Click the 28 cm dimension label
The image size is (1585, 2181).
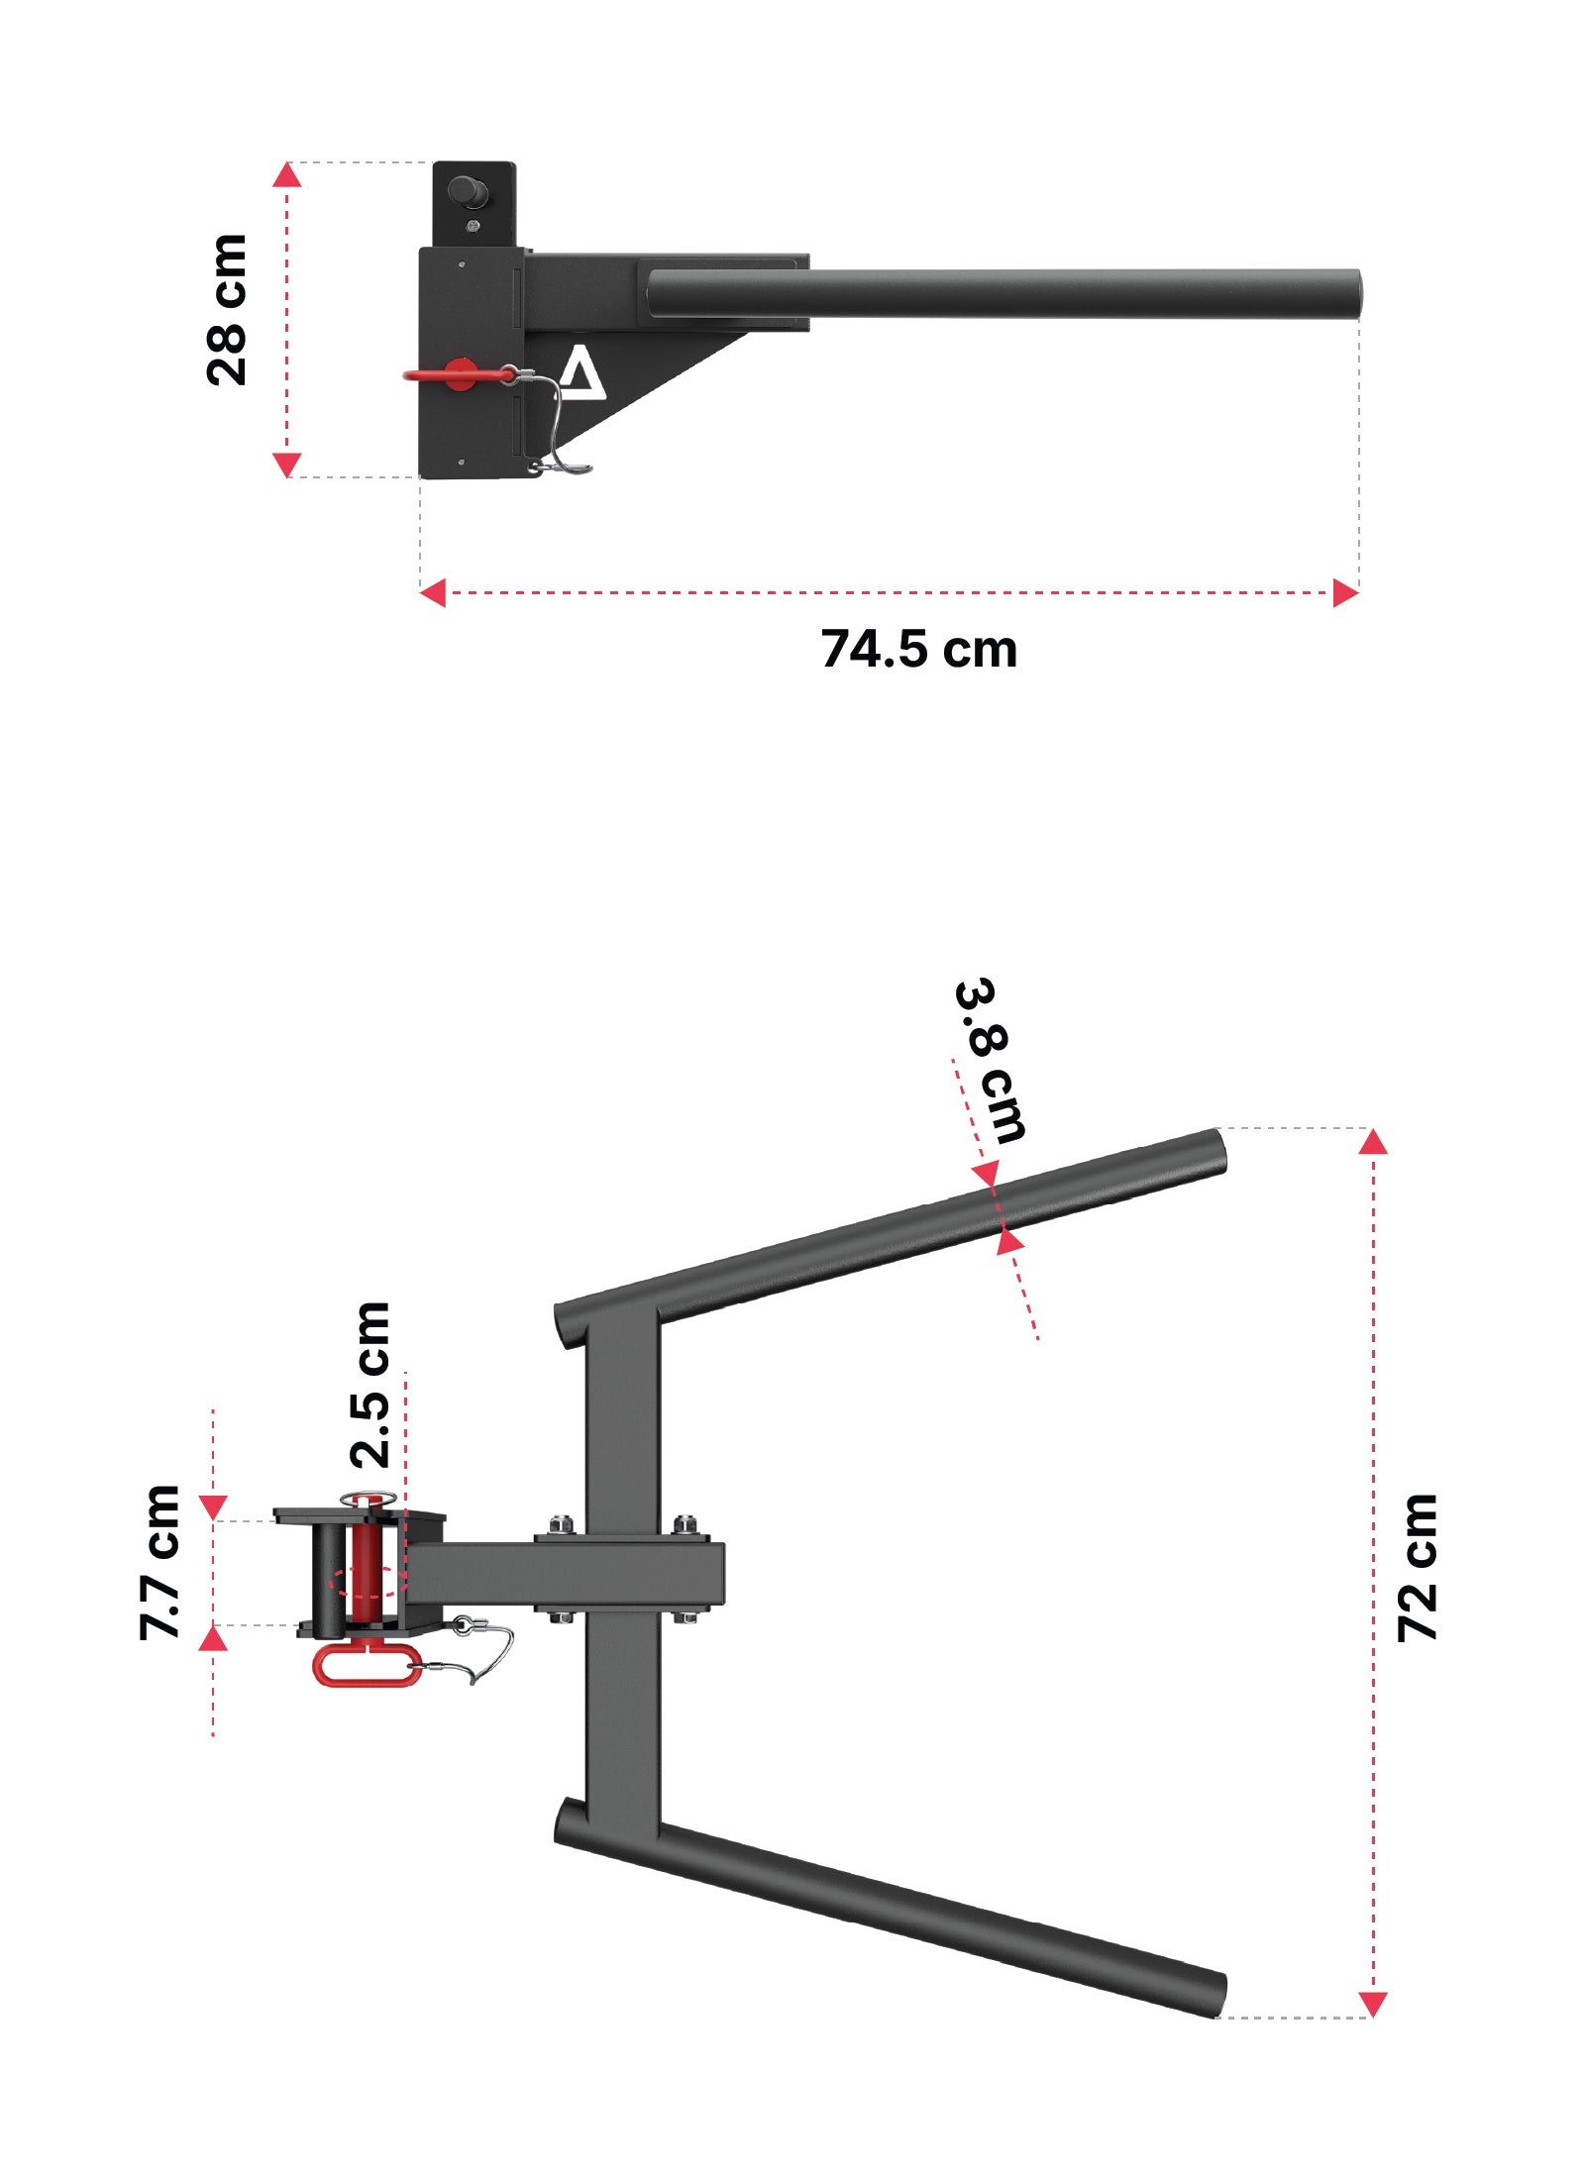pos(226,310)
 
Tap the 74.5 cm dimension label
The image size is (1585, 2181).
pos(918,650)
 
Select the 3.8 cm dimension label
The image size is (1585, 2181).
pos(991,1060)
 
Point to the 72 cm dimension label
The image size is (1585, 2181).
pos(1417,1568)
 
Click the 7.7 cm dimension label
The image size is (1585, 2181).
pos(159,1562)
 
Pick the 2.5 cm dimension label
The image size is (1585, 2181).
pos(370,1385)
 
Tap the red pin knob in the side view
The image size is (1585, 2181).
pos(461,374)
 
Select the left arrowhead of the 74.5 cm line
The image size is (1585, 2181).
pos(432,593)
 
